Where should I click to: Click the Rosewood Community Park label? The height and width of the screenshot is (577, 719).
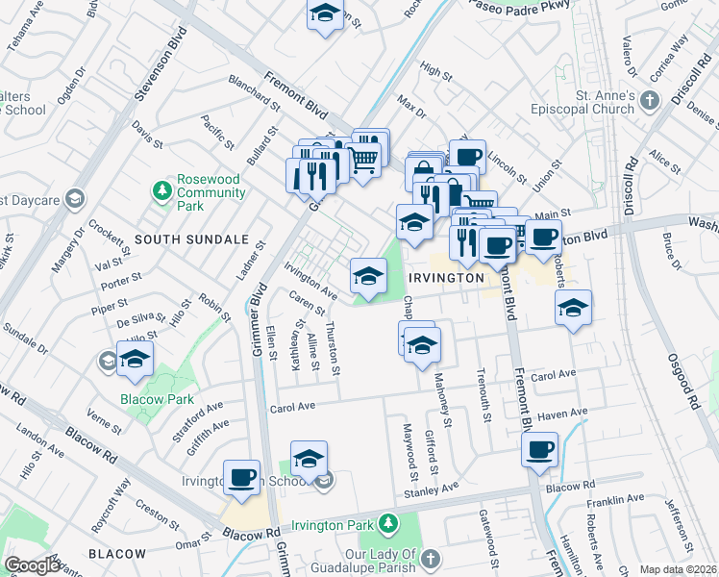(x=204, y=193)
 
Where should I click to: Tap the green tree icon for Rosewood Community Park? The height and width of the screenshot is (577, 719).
(x=161, y=192)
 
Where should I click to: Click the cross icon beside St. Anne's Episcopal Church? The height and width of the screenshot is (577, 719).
(x=651, y=101)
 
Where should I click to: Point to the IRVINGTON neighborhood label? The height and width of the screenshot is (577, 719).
(x=445, y=277)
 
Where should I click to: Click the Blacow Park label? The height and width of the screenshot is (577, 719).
(x=157, y=399)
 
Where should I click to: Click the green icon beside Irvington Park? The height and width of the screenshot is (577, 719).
(x=387, y=524)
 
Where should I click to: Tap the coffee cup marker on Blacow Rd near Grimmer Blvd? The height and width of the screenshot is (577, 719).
(x=242, y=477)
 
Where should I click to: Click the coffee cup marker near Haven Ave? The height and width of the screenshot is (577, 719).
(x=540, y=449)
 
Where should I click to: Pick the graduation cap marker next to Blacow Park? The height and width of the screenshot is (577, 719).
(x=135, y=359)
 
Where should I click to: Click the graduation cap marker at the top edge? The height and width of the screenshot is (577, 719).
(x=325, y=13)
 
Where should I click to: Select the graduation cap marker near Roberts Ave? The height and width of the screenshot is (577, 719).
(x=573, y=309)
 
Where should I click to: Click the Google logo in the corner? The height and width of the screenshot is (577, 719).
(x=34, y=564)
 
